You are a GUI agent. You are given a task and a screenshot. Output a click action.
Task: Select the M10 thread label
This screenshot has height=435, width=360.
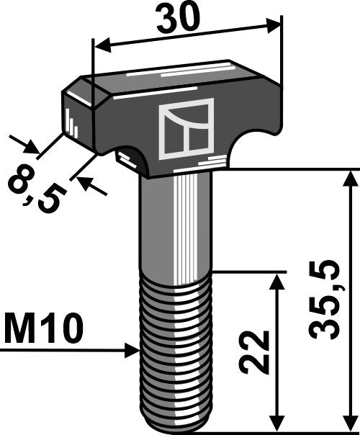pos(43,331)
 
